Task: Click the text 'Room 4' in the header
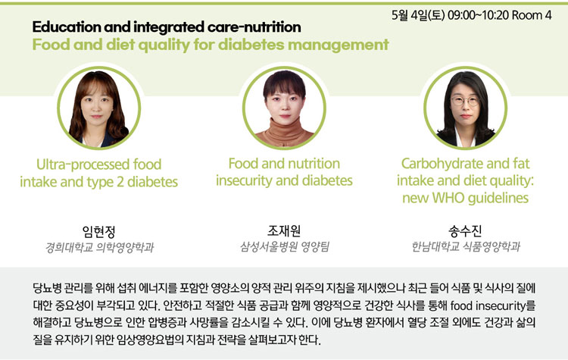coord(532,15)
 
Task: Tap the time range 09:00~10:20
coord(478,15)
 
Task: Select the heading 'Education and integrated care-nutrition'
coord(167,27)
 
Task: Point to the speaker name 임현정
coord(98,231)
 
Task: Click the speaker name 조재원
coord(284,230)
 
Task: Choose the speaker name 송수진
coord(465,230)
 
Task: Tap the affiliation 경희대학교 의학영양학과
coord(99,247)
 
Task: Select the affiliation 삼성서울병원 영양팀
coord(284,246)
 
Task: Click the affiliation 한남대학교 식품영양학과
coord(466,246)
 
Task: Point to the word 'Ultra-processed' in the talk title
coord(83,164)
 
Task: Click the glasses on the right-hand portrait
coord(465,101)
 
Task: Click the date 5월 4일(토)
coord(418,15)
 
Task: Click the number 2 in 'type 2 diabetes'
coord(120,182)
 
